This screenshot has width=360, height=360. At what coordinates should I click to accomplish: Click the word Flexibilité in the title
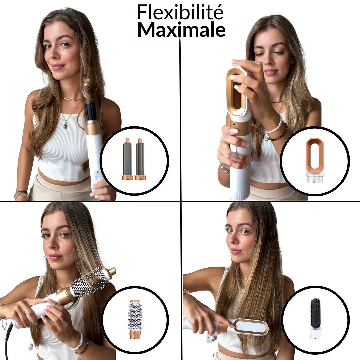[x=180, y=13]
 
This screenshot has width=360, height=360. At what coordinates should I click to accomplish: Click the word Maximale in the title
[x=181, y=29]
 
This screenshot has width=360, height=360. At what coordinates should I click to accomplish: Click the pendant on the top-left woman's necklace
[x=65, y=126]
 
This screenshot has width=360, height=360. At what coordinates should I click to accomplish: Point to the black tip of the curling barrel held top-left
[x=91, y=112]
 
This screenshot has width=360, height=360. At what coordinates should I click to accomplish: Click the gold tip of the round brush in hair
[x=111, y=271]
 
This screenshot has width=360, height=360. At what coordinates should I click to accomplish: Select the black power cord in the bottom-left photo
[x=8, y=340]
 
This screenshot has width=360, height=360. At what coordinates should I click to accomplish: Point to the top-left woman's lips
[x=57, y=66]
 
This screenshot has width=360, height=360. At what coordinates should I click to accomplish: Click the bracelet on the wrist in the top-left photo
[x=21, y=194]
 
